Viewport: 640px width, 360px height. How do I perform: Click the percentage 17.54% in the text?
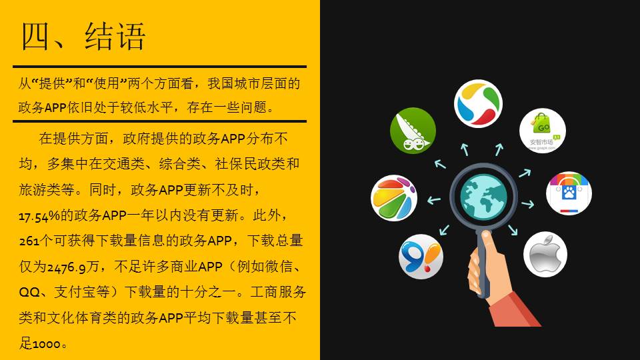39,216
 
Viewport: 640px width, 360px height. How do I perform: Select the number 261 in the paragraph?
29,241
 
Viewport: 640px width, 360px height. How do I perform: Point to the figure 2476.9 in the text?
67,267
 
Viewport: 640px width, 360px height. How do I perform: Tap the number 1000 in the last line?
47,344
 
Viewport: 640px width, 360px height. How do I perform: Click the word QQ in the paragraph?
29,292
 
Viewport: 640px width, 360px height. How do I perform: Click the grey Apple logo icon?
545,254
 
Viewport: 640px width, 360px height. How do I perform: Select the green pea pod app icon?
413,131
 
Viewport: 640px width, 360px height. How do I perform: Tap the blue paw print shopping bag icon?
569,193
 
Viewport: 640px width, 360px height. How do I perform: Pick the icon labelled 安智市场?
543,131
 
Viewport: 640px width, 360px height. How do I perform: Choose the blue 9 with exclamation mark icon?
421,256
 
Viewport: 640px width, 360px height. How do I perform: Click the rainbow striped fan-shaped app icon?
394,198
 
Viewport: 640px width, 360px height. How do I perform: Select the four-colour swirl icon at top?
479,104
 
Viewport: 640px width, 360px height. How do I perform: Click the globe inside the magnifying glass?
484,196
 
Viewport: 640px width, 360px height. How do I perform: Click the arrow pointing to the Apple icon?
513,230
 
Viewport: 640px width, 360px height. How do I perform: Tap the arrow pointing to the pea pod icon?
440,164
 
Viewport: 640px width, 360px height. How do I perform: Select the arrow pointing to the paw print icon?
528,204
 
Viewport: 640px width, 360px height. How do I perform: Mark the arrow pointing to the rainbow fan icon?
434,200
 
